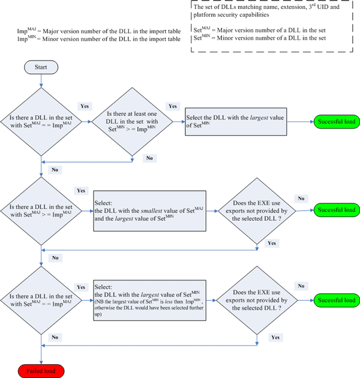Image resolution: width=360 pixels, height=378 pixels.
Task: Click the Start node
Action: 40,67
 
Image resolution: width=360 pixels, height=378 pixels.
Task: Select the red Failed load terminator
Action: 40,371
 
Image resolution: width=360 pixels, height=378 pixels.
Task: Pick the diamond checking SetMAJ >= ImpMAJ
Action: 40,210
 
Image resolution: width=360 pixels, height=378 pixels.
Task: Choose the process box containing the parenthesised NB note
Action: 149,299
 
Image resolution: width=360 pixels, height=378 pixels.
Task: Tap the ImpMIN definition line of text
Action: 98,39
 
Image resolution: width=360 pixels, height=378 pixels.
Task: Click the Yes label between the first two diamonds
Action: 85,106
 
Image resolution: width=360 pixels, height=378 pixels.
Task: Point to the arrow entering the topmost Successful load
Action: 303,121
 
